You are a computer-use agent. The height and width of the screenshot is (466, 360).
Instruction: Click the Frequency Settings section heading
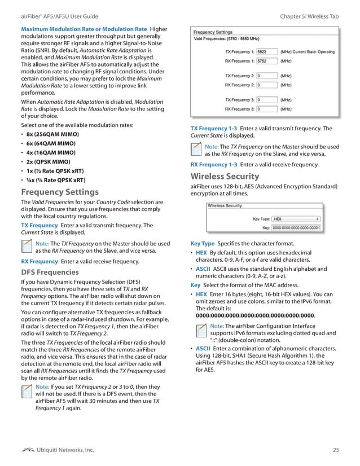point(60,191)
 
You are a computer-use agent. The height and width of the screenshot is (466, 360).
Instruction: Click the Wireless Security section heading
point(225,176)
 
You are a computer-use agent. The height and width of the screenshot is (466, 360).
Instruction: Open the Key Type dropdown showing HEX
point(296,218)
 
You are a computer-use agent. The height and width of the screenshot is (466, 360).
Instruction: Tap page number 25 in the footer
point(336,449)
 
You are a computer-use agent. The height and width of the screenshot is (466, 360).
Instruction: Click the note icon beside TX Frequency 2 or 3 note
point(27,392)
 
